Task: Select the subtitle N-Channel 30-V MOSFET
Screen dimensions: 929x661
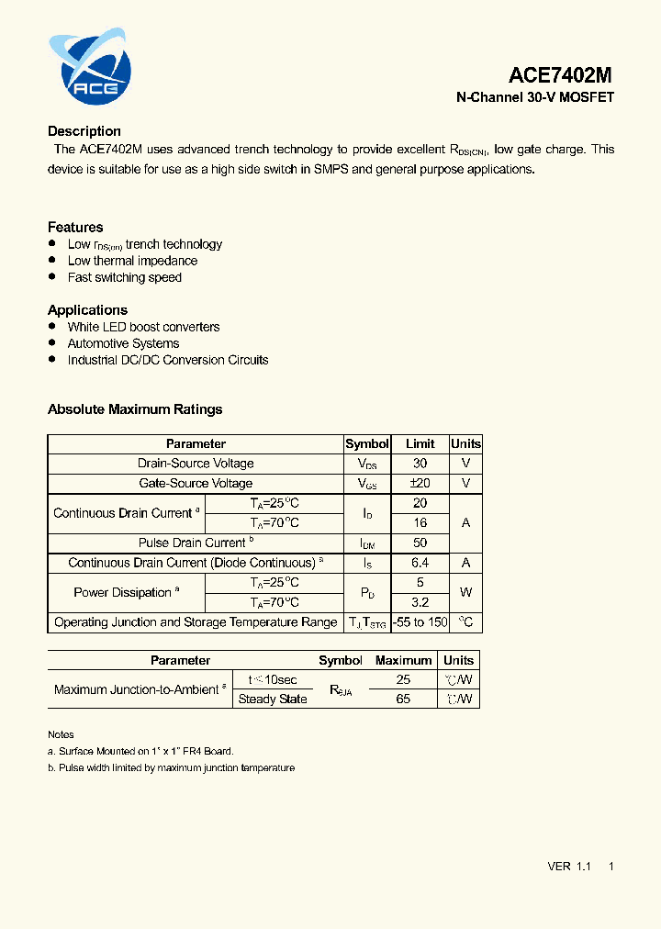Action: (535, 97)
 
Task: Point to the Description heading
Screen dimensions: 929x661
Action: (84, 131)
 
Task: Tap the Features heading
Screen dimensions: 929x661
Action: (75, 227)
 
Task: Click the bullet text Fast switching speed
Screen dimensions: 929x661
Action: (125, 277)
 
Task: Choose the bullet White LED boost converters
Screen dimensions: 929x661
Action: (143, 327)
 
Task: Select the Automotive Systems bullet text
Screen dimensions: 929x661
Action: (123, 343)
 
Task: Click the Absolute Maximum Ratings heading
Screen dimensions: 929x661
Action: (135, 409)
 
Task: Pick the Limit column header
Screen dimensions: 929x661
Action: (420, 443)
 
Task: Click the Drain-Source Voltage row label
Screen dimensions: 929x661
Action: (196, 464)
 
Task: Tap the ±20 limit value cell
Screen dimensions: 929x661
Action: (420, 483)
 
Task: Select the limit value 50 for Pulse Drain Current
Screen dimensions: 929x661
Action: (420, 543)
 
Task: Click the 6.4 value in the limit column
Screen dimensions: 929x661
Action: (420, 563)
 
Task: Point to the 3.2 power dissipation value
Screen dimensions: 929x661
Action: (420, 602)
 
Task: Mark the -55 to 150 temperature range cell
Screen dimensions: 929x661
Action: (420, 622)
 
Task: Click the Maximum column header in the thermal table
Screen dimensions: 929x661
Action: (403, 660)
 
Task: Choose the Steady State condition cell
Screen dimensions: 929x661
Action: (273, 699)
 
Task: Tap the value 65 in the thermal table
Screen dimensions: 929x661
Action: (403, 699)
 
